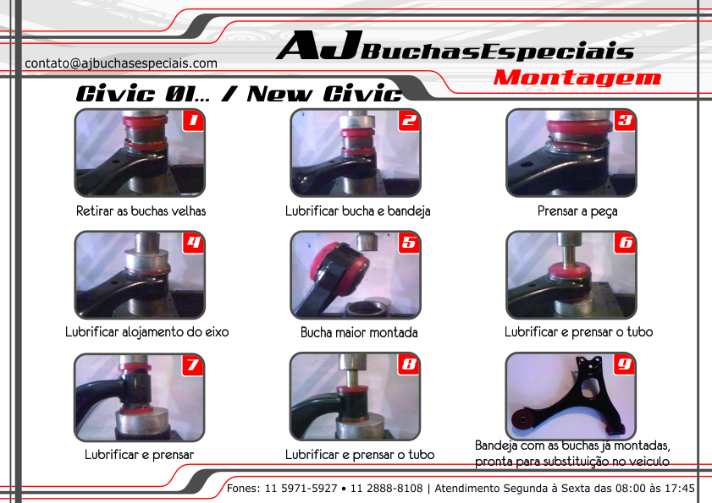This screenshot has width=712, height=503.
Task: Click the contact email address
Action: pyautogui.click(x=121, y=63)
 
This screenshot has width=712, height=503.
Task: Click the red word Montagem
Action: pyautogui.click(x=577, y=78)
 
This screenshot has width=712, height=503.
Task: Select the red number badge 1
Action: pyautogui.click(x=193, y=121)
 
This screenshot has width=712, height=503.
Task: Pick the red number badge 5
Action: pyautogui.click(x=409, y=243)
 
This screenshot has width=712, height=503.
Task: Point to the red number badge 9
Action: pyautogui.click(x=624, y=364)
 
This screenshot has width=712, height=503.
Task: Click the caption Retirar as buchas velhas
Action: pyautogui.click(x=141, y=211)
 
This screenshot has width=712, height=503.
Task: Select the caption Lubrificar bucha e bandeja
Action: pyautogui.click(x=358, y=211)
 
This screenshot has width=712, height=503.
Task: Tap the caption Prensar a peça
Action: pyautogui.click(x=577, y=211)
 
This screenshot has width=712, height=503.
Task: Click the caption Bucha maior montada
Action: pyautogui.click(x=359, y=333)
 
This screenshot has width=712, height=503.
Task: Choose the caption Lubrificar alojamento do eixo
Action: pyautogui.click(x=146, y=332)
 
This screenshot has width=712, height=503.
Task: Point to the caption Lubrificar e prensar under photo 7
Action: pyautogui.click(x=140, y=455)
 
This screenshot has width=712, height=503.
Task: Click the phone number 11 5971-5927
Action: pyautogui.click(x=301, y=489)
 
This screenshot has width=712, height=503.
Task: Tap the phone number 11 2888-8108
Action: pyautogui.click(x=386, y=489)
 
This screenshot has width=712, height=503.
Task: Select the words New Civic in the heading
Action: pyautogui.click(x=324, y=94)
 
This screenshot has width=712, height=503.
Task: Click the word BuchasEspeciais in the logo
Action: pyautogui.click(x=498, y=52)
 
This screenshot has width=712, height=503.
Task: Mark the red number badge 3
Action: pyautogui.click(x=624, y=121)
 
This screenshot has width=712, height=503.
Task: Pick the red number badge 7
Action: pyautogui.click(x=192, y=365)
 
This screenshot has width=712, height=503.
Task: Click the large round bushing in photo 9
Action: pyautogui.click(x=523, y=418)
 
